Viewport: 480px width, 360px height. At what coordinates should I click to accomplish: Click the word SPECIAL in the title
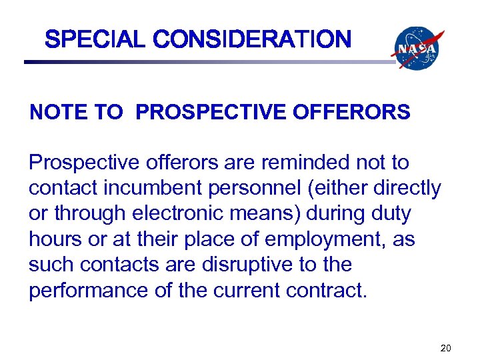pyautogui.click(x=93, y=40)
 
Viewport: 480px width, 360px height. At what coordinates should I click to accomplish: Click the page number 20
pyautogui.click(x=446, y=347)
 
